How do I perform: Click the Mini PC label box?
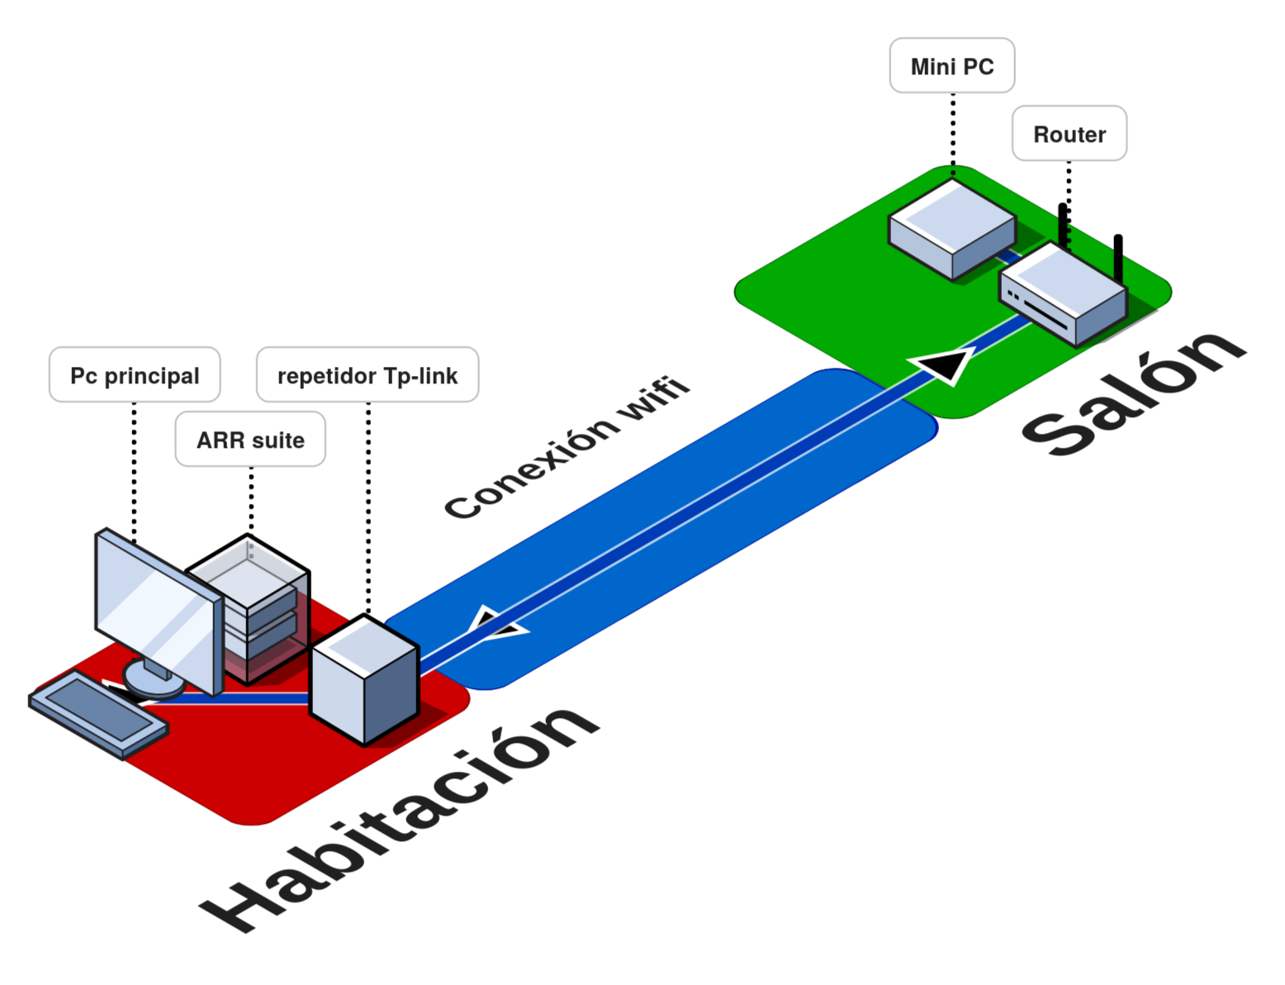tap(951, 65)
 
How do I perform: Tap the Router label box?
tap(1069, 133)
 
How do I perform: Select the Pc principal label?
tap(135, 375)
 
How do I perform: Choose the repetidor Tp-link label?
tap(367, 375)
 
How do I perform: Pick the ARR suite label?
tap(250, 440)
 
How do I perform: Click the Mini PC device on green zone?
tap(951, 227)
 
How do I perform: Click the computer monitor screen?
tap(157, 608)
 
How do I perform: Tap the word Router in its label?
tap(1069, 134)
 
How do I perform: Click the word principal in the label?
tap(152, 376)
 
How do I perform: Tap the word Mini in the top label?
tap(932, 66)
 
